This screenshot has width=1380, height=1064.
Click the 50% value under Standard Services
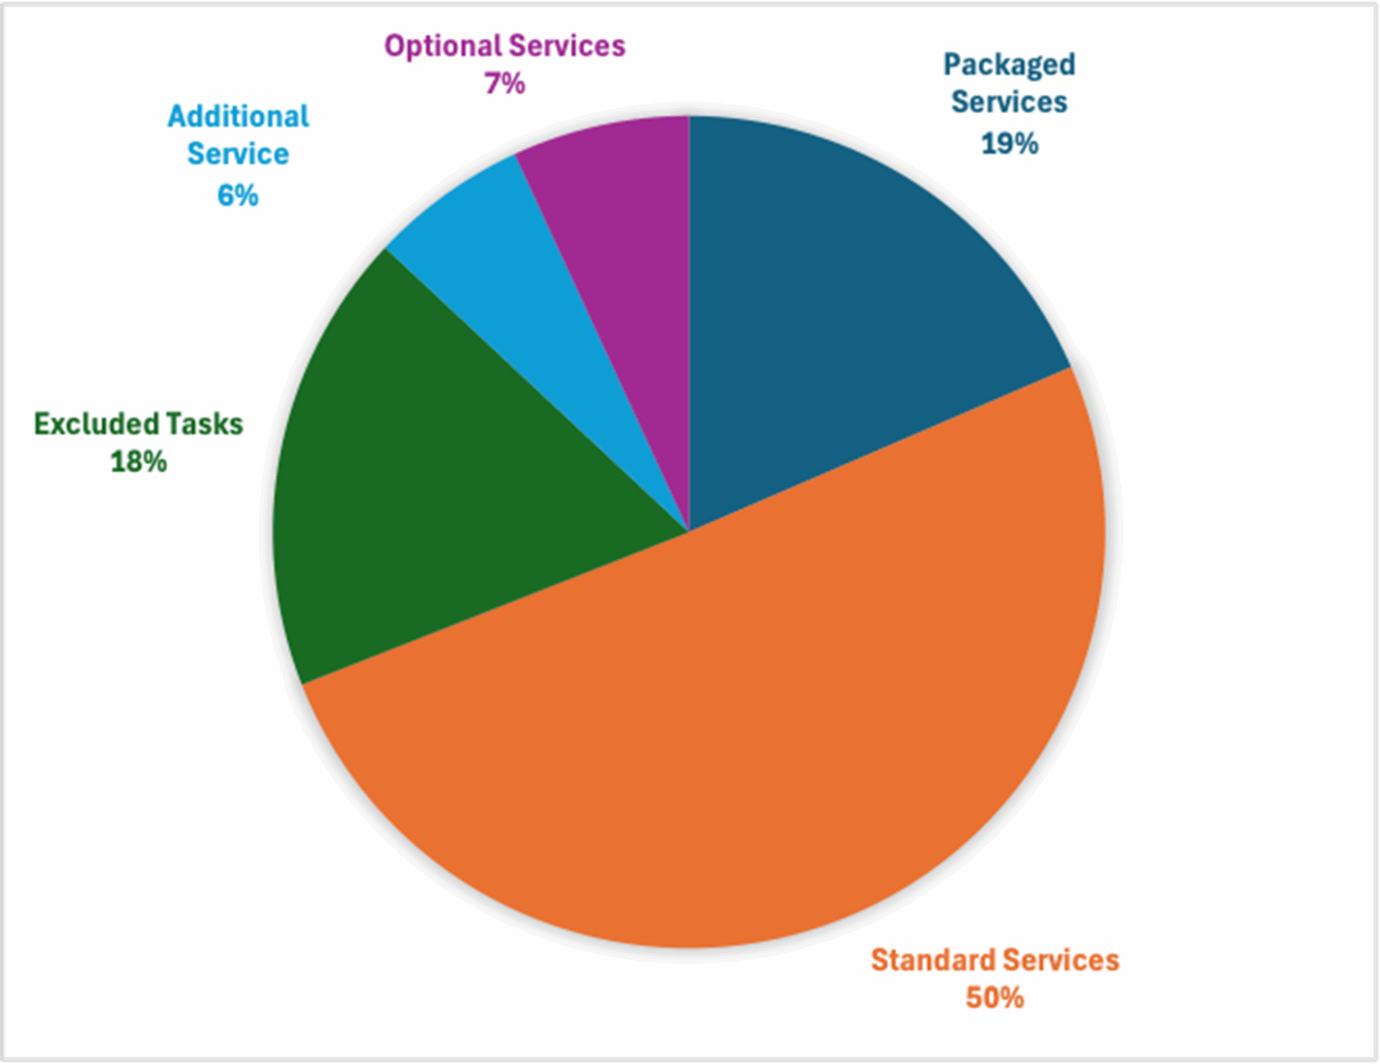click(x=995, y=998)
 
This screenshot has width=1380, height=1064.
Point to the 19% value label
click(x=1009, y=144)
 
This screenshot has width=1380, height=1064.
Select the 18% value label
click(x=138, y=462)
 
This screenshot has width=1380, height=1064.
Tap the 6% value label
click(x=238, y=195)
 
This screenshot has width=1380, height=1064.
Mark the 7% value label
click(x=505, y=84)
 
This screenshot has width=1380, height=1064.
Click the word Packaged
click(x=1009, y=65)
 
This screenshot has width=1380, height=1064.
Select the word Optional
click(x=443, y=46)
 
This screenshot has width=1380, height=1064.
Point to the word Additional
click(x=239, y=117)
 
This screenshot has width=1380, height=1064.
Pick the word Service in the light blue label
click(x=238, y=154)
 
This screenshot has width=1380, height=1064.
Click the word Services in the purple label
click(x=567, y=46)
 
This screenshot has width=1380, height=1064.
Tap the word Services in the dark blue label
click(x=1009, y=102)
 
